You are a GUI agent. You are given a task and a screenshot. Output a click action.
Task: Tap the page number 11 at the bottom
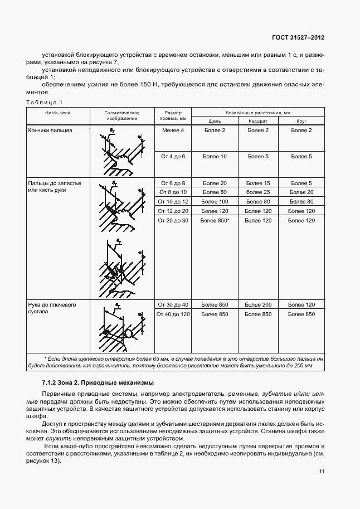point(321,472)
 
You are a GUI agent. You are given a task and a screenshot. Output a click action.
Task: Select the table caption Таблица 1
point(45,101)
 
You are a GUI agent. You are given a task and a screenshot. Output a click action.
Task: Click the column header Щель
point(215,120)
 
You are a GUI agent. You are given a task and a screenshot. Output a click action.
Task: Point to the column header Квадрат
point(258,120)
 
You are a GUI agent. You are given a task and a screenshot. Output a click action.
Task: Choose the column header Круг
point(301,120)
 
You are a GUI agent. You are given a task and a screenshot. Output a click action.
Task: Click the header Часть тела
point(58,113)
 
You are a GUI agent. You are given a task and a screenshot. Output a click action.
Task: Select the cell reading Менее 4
point(173,130)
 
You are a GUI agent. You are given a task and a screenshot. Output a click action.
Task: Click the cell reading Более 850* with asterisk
point(215,221)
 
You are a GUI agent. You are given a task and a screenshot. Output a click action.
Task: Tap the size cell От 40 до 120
point(174,314)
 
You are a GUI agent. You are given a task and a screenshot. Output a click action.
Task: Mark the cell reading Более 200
point(259,304)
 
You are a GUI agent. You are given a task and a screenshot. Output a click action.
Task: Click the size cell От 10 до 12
point(174,201)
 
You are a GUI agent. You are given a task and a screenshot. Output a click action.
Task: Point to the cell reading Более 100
point(215,201)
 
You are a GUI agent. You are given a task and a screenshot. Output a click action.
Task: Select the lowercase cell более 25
point(259,192)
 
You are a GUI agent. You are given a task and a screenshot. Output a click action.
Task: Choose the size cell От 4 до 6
point(173,157)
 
